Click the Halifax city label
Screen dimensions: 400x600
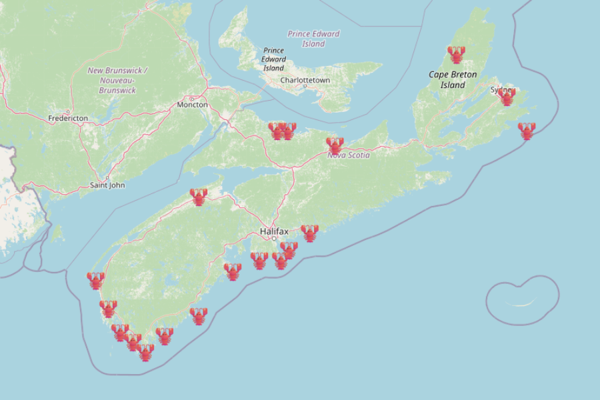coord(274,231)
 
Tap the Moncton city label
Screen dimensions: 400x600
coord(193,105)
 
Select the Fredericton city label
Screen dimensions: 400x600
coord(68,118)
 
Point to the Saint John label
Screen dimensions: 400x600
coord(107,185)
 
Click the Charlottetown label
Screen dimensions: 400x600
coord(305,80)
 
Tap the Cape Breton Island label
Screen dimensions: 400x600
coord(453,80)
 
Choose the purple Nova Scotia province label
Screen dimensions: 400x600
coord(348,155)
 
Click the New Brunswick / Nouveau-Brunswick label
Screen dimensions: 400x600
coord(118,80)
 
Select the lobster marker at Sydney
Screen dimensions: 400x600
coord(507,97)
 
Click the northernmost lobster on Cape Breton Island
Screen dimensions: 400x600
coord(456,54)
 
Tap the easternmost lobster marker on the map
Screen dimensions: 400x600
coord(527,131)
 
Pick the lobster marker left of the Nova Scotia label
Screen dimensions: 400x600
coord(335,145)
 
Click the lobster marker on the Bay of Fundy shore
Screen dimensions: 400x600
coord(198,197)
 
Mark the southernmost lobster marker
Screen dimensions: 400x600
coord(146,352)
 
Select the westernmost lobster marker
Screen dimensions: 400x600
coord(96,280)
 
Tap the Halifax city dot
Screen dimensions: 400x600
coord(274,238)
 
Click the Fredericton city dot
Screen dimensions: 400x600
coord(68,112)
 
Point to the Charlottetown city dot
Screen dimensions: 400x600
coord(305,86)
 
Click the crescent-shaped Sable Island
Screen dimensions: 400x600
coord(521,303)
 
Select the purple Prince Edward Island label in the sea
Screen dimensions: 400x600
coord(313,39)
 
